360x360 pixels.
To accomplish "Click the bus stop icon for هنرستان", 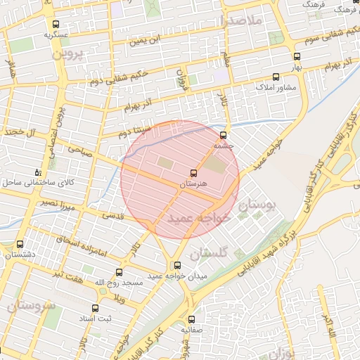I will (x=194, y=172).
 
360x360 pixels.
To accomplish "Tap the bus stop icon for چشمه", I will (x=224, y=134).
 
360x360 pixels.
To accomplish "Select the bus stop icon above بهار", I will (x=297, y=56).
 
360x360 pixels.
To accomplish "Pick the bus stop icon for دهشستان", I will (x=19, y=245).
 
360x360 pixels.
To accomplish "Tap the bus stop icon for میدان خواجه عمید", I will (x=176, y=266).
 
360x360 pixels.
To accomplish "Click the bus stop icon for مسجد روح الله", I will (x=118, y=272).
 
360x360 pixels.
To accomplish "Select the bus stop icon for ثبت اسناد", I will (x=96, y=308).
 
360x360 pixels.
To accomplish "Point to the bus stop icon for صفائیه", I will (x=191, y=318).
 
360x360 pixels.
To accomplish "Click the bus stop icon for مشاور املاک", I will (x=276, y=77).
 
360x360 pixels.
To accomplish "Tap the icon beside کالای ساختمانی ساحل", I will (x=38, y=172).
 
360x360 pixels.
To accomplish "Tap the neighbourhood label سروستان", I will (x=30, y=306).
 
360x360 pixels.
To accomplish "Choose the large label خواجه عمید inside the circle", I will (x=199, y=219).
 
